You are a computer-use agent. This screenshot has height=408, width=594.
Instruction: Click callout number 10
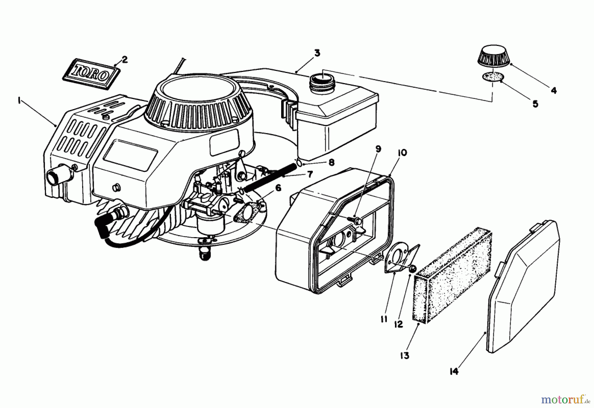click(x=402, y=153)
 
